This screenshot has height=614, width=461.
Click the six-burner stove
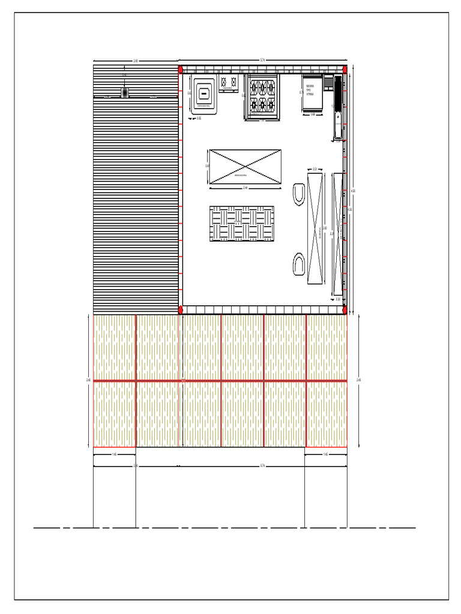(x=262, y=97)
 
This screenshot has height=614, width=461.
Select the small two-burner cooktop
(x=227, y=83)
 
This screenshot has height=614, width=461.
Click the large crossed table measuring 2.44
(x=245, y=166)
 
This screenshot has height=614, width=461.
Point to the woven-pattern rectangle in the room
(x=241, y=224)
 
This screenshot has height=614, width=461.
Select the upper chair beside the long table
(x=298, y=195)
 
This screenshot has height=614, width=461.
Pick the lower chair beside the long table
(x=298, y=264)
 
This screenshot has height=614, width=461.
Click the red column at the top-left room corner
(x=180, y=70)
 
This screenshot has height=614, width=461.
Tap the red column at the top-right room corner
(x=345, y=70)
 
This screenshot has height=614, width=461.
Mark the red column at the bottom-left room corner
(x=180, y=309)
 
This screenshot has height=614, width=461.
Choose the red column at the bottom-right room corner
(x=345, y=309)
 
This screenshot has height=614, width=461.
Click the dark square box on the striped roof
(x=125, y=92)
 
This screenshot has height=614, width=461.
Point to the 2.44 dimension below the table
(x=245, y=188)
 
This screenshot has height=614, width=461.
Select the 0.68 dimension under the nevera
(x=313, y=115)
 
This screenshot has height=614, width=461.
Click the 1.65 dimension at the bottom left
(x=114, y=455)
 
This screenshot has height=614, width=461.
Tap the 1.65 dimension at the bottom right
(x=325, y=455)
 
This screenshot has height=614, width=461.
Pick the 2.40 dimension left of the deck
(x=89, y=380)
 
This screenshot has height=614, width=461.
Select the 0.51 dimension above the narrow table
(x=315, y=170)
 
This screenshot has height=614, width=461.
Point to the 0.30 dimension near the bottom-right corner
(x=338, y=299)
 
